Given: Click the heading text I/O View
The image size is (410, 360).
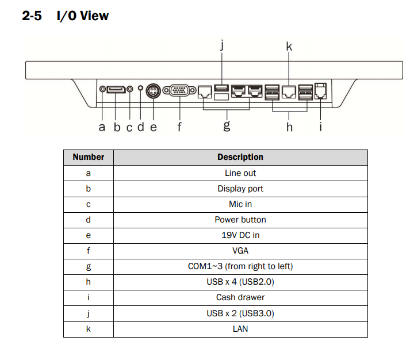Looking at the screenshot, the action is click(x=82, y=16).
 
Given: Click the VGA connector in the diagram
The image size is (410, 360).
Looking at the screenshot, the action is click(x=179, y=90).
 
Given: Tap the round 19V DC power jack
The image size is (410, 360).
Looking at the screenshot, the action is click(x=153, y=91).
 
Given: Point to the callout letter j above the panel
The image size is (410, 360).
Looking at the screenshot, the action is click(x=222, y=45).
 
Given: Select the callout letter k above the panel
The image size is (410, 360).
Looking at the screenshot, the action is click(x=289, y=47).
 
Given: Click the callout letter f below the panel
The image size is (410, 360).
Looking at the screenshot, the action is click(x=179, y=127).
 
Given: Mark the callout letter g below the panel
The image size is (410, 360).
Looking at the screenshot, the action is click(x=227, y=127).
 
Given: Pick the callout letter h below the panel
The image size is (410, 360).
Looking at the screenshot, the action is click(x=289, y=127).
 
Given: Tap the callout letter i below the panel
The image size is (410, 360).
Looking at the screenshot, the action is click(x=320, y=127).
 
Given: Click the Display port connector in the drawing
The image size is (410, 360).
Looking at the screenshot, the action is click(x=116, y=89).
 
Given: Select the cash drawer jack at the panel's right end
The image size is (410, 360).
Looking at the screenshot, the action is click(x=320, y=91).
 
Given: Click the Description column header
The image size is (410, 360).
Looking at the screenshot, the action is click(x=240, y=157).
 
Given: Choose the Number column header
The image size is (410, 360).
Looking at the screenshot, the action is click(x=89, y=157).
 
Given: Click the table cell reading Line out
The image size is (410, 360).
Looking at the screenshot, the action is click(x=240, y=173).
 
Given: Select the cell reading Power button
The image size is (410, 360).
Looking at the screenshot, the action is click(x=240, y=220).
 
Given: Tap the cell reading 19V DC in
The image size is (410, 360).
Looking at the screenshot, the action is click(x=240, y=235).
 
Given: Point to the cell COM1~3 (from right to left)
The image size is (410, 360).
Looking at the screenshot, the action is click(x=240, y=266).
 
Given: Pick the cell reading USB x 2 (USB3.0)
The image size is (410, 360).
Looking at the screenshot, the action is click(x=240, y=313).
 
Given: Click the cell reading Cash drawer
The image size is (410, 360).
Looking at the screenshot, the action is click(x=240, y=297).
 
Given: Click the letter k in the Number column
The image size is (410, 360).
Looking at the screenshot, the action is click(x=89, y=329).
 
